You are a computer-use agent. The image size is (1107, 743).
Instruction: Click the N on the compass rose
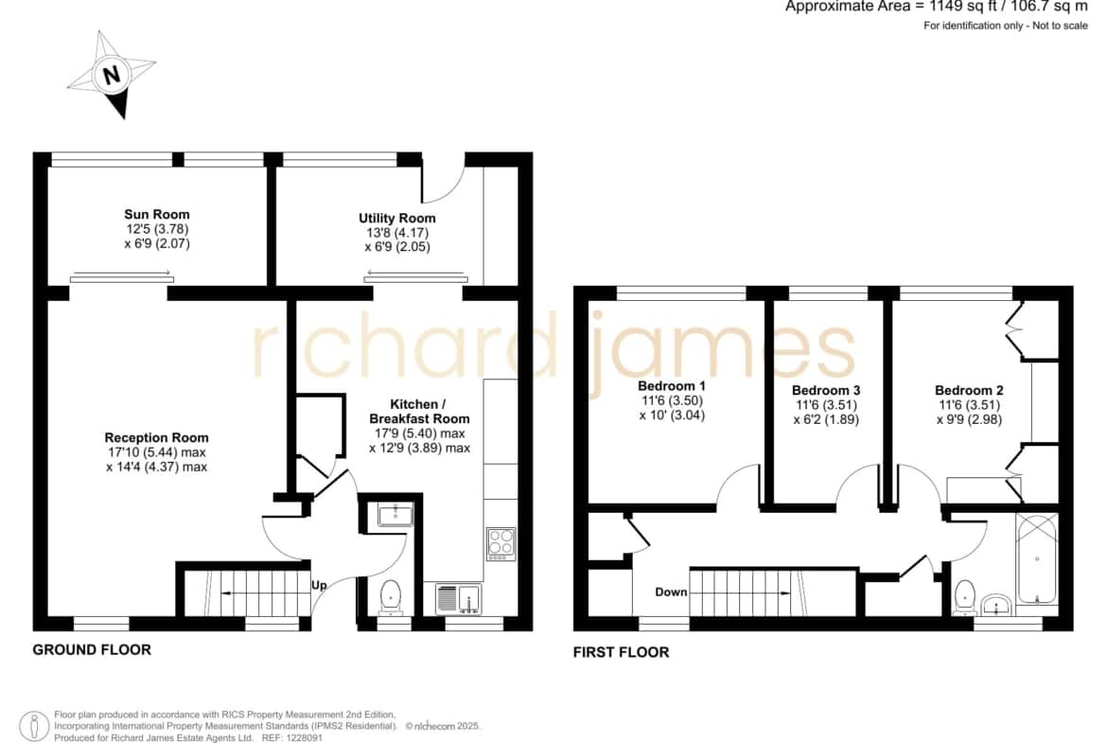pos(112,75)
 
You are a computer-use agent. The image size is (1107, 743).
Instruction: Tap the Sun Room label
pos(157,214)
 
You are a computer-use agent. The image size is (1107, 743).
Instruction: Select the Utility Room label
pos(396,219)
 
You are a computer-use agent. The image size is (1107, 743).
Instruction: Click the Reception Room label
pos(156,438)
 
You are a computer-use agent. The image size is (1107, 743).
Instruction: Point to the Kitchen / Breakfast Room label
pos(419,411)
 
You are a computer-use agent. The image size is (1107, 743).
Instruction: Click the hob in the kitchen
pos(501,544)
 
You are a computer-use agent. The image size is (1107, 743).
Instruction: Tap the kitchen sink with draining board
pos(458,599)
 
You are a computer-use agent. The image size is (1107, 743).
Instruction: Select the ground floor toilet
pos(390,597)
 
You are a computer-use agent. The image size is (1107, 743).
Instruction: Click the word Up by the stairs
pos(319,586)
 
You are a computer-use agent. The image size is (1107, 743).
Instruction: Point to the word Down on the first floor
pos(671,592)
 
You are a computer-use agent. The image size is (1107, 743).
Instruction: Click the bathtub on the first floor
pos(1036,557)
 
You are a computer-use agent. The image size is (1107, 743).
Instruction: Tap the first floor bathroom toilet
pos(964,598)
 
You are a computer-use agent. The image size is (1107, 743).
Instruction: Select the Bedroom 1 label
pos(672,386)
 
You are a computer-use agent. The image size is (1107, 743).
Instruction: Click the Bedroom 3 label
pos(826,391)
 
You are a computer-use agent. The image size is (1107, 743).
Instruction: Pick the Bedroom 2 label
pos(969,391)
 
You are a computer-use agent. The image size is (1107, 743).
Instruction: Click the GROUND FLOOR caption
pos(92,650)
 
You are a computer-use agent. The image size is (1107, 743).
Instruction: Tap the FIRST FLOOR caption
pos(622,652)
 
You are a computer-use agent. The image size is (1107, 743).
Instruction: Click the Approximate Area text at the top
pos(937,7)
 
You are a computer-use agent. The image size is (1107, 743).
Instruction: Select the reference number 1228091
pos(302,738)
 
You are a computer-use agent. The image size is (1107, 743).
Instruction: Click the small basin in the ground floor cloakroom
pos(395,514)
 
